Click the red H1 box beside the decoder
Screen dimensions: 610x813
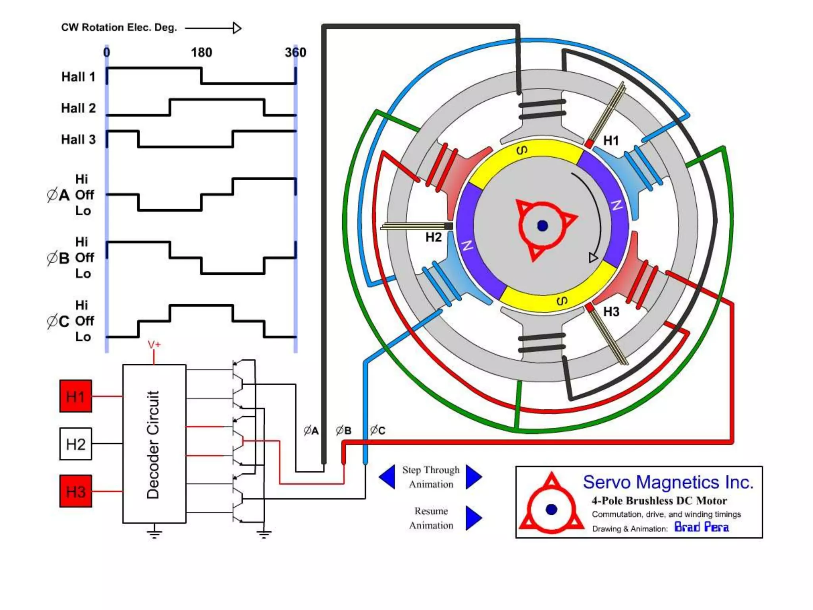coord(75,396)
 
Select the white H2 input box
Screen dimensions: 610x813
coord(75,444)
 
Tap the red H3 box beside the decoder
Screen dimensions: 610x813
coord(75,491)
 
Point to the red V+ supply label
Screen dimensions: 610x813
coord(154,344)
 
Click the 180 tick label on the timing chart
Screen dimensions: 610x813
coord(201,52)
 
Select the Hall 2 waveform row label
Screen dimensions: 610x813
coord(78,108)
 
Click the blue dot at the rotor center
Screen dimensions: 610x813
coord(542,226)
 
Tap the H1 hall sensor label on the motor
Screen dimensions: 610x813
coord(611,141)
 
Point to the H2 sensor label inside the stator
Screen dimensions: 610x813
coord(433,237)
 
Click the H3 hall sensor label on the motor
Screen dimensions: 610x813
coord(611,312)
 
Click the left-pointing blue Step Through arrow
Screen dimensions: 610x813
coord(387,477)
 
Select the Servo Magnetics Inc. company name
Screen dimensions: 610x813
coord(668,482)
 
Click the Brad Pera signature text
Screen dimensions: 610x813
coord(701,527)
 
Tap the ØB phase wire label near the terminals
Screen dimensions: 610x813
coord(343,430)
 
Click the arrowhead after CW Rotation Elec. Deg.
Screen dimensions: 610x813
coord(237,28)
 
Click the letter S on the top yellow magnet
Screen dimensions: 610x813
coord(522,150)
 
